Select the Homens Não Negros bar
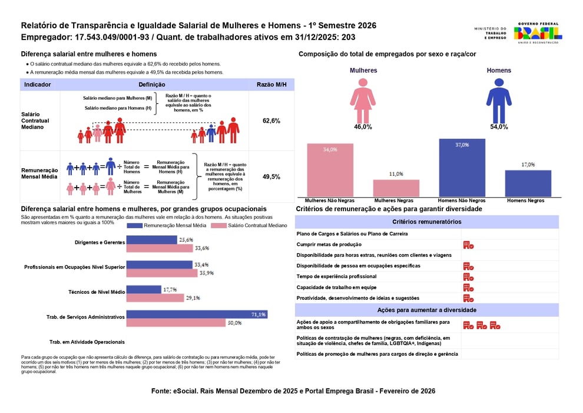[x=462, y=168]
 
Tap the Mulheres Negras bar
[x=396, y=188]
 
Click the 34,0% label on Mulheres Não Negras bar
[x=330, y=150]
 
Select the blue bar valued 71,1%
[x=197, y=314]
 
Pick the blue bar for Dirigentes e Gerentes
[x=151, y=240]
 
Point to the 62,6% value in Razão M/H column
[x=271, y=120]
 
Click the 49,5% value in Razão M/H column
[x=271, y=176]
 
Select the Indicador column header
[x=38, y=84]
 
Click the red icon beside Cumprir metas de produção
[x=468, y=245]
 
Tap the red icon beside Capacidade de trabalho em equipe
[x=468, y=287]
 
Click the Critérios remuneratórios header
[x=426, y=222]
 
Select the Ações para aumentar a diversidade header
[x=426, y=310]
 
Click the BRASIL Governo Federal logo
[x=538, y=32]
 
